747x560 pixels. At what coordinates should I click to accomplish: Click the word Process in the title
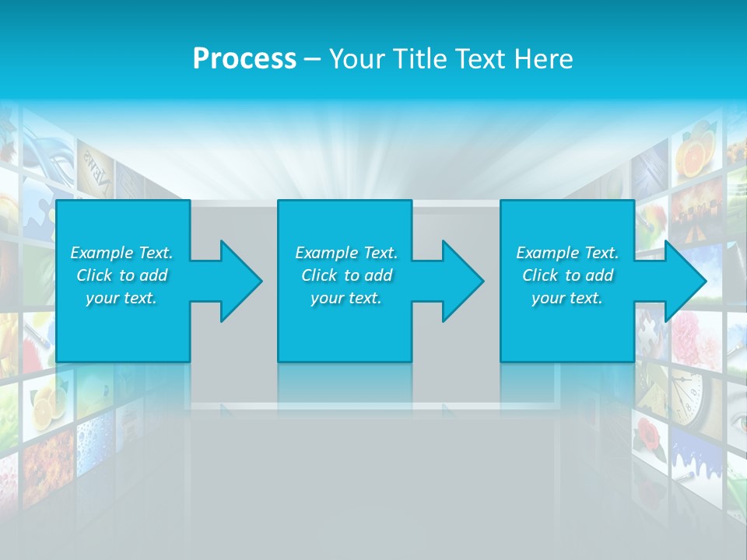coord(244,59)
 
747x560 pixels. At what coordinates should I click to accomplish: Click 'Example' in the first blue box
coord(102,253)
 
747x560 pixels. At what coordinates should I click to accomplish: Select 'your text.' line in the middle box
coord(346,298)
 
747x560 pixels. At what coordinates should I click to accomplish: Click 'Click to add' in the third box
coord(568,275)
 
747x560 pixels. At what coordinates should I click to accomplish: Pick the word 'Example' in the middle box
coord(327,253)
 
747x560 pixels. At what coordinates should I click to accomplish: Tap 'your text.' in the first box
coord(122,298)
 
